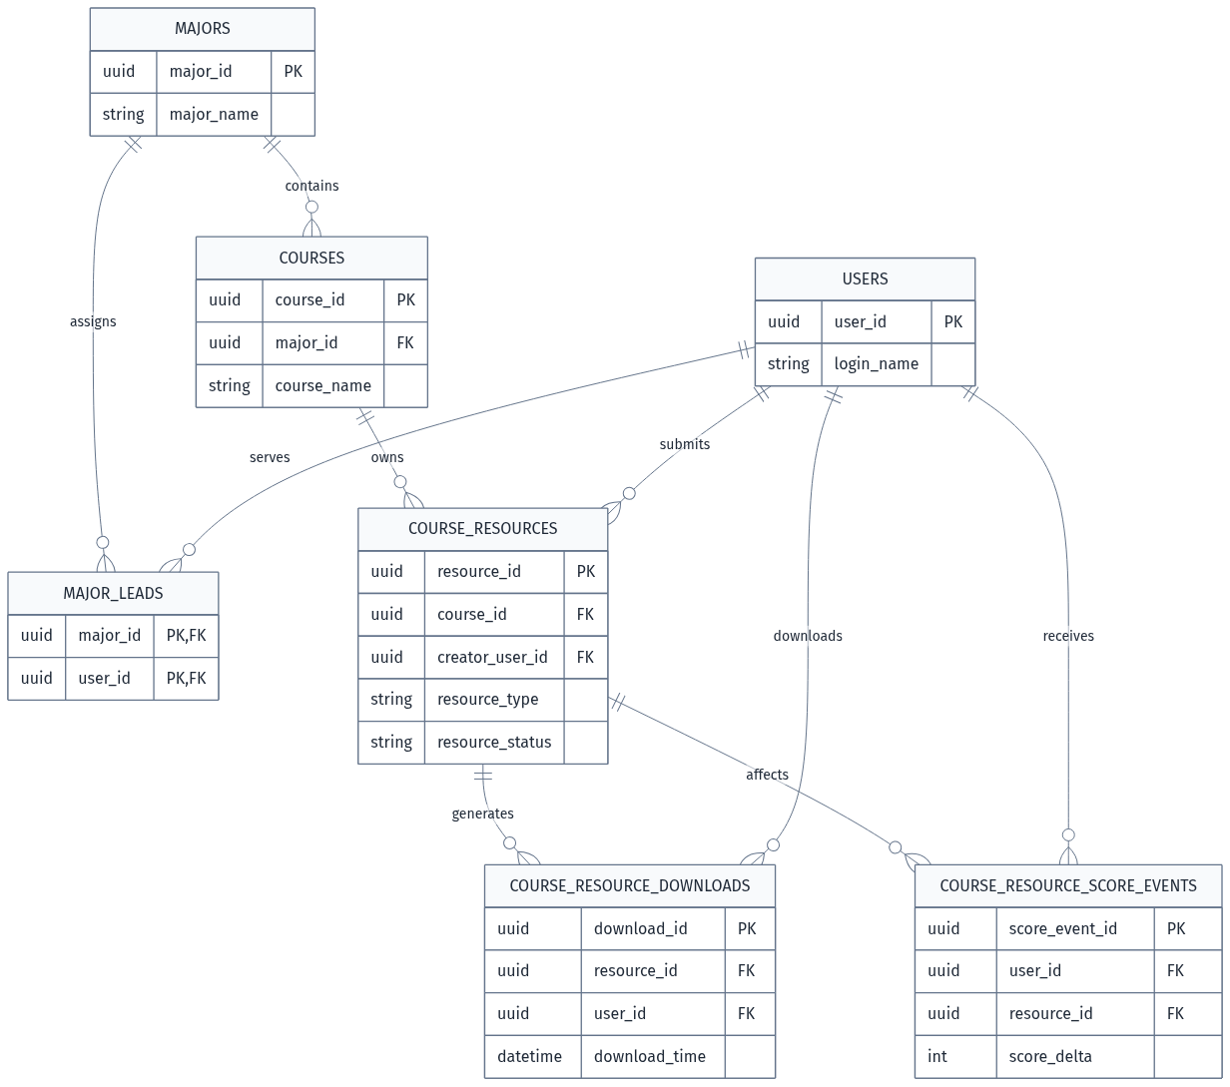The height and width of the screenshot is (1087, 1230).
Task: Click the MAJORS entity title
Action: click(x=202, y=29)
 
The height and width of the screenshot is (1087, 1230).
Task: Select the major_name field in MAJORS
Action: click(x=214, y=114)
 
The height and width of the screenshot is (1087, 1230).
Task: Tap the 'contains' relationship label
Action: click(x=312, y=186)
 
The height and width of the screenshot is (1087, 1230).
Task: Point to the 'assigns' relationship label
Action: click(x=93, y=321)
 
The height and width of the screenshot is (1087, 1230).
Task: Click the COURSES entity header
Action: click(x=311, y=258)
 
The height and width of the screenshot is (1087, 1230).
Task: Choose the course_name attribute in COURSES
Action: click(x=323, y=385)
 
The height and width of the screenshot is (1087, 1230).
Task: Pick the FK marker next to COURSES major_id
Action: click(x=405, y=343)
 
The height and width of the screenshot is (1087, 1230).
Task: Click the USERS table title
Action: click(x=865, y=279)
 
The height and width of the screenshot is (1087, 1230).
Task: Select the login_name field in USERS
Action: click(x=876, y=363)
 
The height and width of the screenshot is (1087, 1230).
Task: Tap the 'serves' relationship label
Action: click(x=270, y=457)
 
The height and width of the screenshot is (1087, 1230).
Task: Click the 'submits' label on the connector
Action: click(x=685, y=444)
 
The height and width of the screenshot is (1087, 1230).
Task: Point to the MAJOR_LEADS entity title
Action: click(x=113, y=593)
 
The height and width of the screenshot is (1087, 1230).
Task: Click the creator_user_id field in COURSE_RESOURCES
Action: click(x=492, y=657)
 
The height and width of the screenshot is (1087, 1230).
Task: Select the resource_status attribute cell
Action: click(x=494, y=742)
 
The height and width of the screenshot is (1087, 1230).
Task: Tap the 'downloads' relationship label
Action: click(x=808, y=636)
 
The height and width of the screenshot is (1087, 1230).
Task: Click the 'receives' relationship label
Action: click(x=1068, y=636)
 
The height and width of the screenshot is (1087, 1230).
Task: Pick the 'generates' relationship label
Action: click(x=482, y=814)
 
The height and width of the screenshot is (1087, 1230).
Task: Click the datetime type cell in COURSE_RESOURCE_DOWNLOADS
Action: click(x=529, y=1056)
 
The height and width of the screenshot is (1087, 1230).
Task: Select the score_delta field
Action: click(x=1050, y=1056)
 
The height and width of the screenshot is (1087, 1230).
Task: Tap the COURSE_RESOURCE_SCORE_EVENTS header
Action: click(x=1068, y=885)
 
